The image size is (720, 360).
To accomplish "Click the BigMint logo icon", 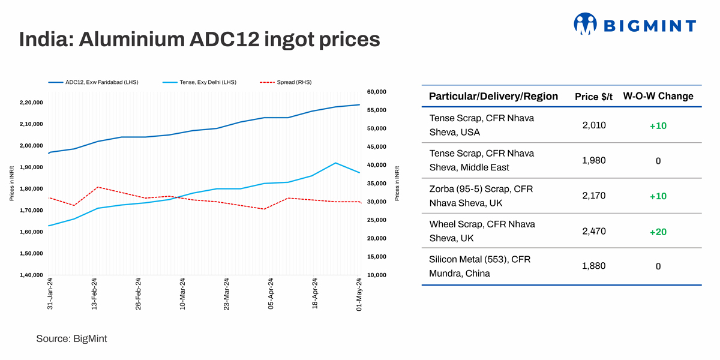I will tap(585, 25).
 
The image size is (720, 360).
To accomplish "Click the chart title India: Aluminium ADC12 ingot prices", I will tap(199, 40).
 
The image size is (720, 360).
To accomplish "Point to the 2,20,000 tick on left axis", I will tap(31, 103).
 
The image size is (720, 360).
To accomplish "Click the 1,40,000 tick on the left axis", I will tap(31, 275).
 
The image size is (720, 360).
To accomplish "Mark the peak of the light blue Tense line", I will tap(335, 163).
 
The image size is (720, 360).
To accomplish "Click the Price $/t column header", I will tap(594, 97).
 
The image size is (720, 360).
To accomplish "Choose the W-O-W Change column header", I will tap(658, 96).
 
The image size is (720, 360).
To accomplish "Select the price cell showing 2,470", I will tap(594, 231).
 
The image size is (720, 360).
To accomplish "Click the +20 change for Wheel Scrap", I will tap(658, 232).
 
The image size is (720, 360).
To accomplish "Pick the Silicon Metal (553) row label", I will tap(479, 266).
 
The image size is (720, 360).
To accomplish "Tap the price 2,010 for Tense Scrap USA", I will tap(594, 125).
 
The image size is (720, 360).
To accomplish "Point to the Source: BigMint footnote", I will tap(71, 339).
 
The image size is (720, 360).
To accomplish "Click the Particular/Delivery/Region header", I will tap(493, 97).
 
